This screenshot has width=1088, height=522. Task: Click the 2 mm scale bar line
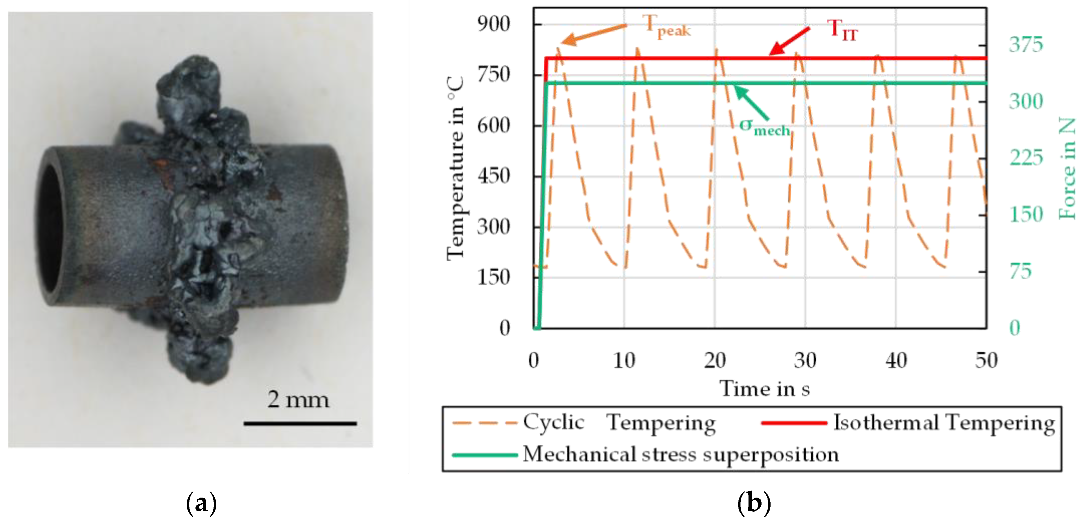pyautogui.click(x=300, y=423)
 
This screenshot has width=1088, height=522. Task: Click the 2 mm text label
pyautogui.click(x=298, y=399)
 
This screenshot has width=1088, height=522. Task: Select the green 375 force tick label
pyautogui.click(x=1026, y=44)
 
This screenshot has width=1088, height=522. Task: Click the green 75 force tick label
pyautogui.click(x=1021, y=271)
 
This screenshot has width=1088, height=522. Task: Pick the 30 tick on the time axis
pyautogui.click(x=805, y=361)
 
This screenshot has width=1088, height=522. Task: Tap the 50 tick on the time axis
pyautogui.click(x=986, y=361)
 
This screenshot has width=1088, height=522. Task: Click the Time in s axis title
pyautogui.click(x=765, y=389)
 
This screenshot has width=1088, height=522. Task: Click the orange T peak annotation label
pyautogui.click(x=667, y=26)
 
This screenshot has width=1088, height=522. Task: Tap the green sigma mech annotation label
pyautogui.click(x=765, y=127)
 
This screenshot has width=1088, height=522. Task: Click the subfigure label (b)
pyautogui.click(x=754, y=503)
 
